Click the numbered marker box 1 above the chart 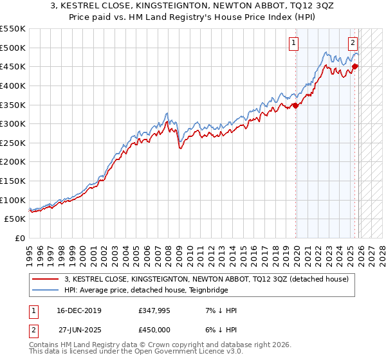[293, 44]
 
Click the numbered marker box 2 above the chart [353, 44]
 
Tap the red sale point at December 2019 [295, 105]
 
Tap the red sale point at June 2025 [354, 66]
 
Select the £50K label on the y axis [15, 219]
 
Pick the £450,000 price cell [152, 329]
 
